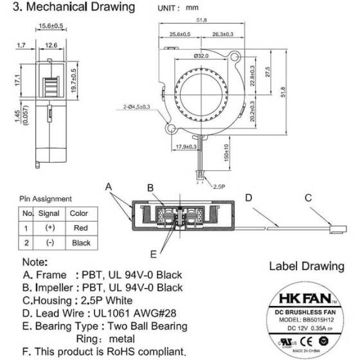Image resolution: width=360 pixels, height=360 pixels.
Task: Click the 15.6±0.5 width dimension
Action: coord(50,26)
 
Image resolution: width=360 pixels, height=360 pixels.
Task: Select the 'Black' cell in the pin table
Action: coord(80,243)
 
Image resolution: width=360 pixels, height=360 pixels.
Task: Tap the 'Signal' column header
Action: coord(49,213)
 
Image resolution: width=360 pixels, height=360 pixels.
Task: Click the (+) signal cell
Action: coord(49,228)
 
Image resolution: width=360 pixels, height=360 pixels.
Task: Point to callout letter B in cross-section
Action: coord(150,188)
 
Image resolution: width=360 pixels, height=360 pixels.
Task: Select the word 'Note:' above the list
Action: coord(35,262)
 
